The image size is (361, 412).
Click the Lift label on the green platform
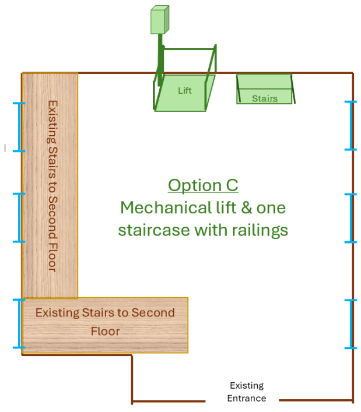pyautogui.click(x=184, y=90)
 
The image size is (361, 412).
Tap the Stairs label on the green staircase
pyautogui.click(x=264, y=98)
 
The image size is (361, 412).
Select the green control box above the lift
pyautogui.click(x=159, y=20)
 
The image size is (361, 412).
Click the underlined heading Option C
pyautogui.click(x=203, y=185)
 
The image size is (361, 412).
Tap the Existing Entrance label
pyautogui.click(x=247, y=392)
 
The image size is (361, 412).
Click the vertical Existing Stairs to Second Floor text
pyautogui.click(x=52, y=186)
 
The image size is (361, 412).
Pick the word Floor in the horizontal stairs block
pyautogui.click(x=105, y=331)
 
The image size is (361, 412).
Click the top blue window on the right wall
pyautogui.click(x=351, y=126)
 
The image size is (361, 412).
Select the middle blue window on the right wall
pyautogui.click(x=351, y=218)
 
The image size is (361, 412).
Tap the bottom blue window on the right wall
pyautogui.click(x=351, y=324)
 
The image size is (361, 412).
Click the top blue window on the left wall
pyautogui.click(x=19, y=127)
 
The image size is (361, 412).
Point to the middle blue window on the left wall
pyautogui.click(x=19, y=217)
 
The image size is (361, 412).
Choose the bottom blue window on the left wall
pyautogui.click(x=19, y=323)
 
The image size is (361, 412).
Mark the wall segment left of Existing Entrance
pyautogui.click(x=169, y=402)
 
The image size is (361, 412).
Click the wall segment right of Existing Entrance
pyautogui.click(x=316, y=400)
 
